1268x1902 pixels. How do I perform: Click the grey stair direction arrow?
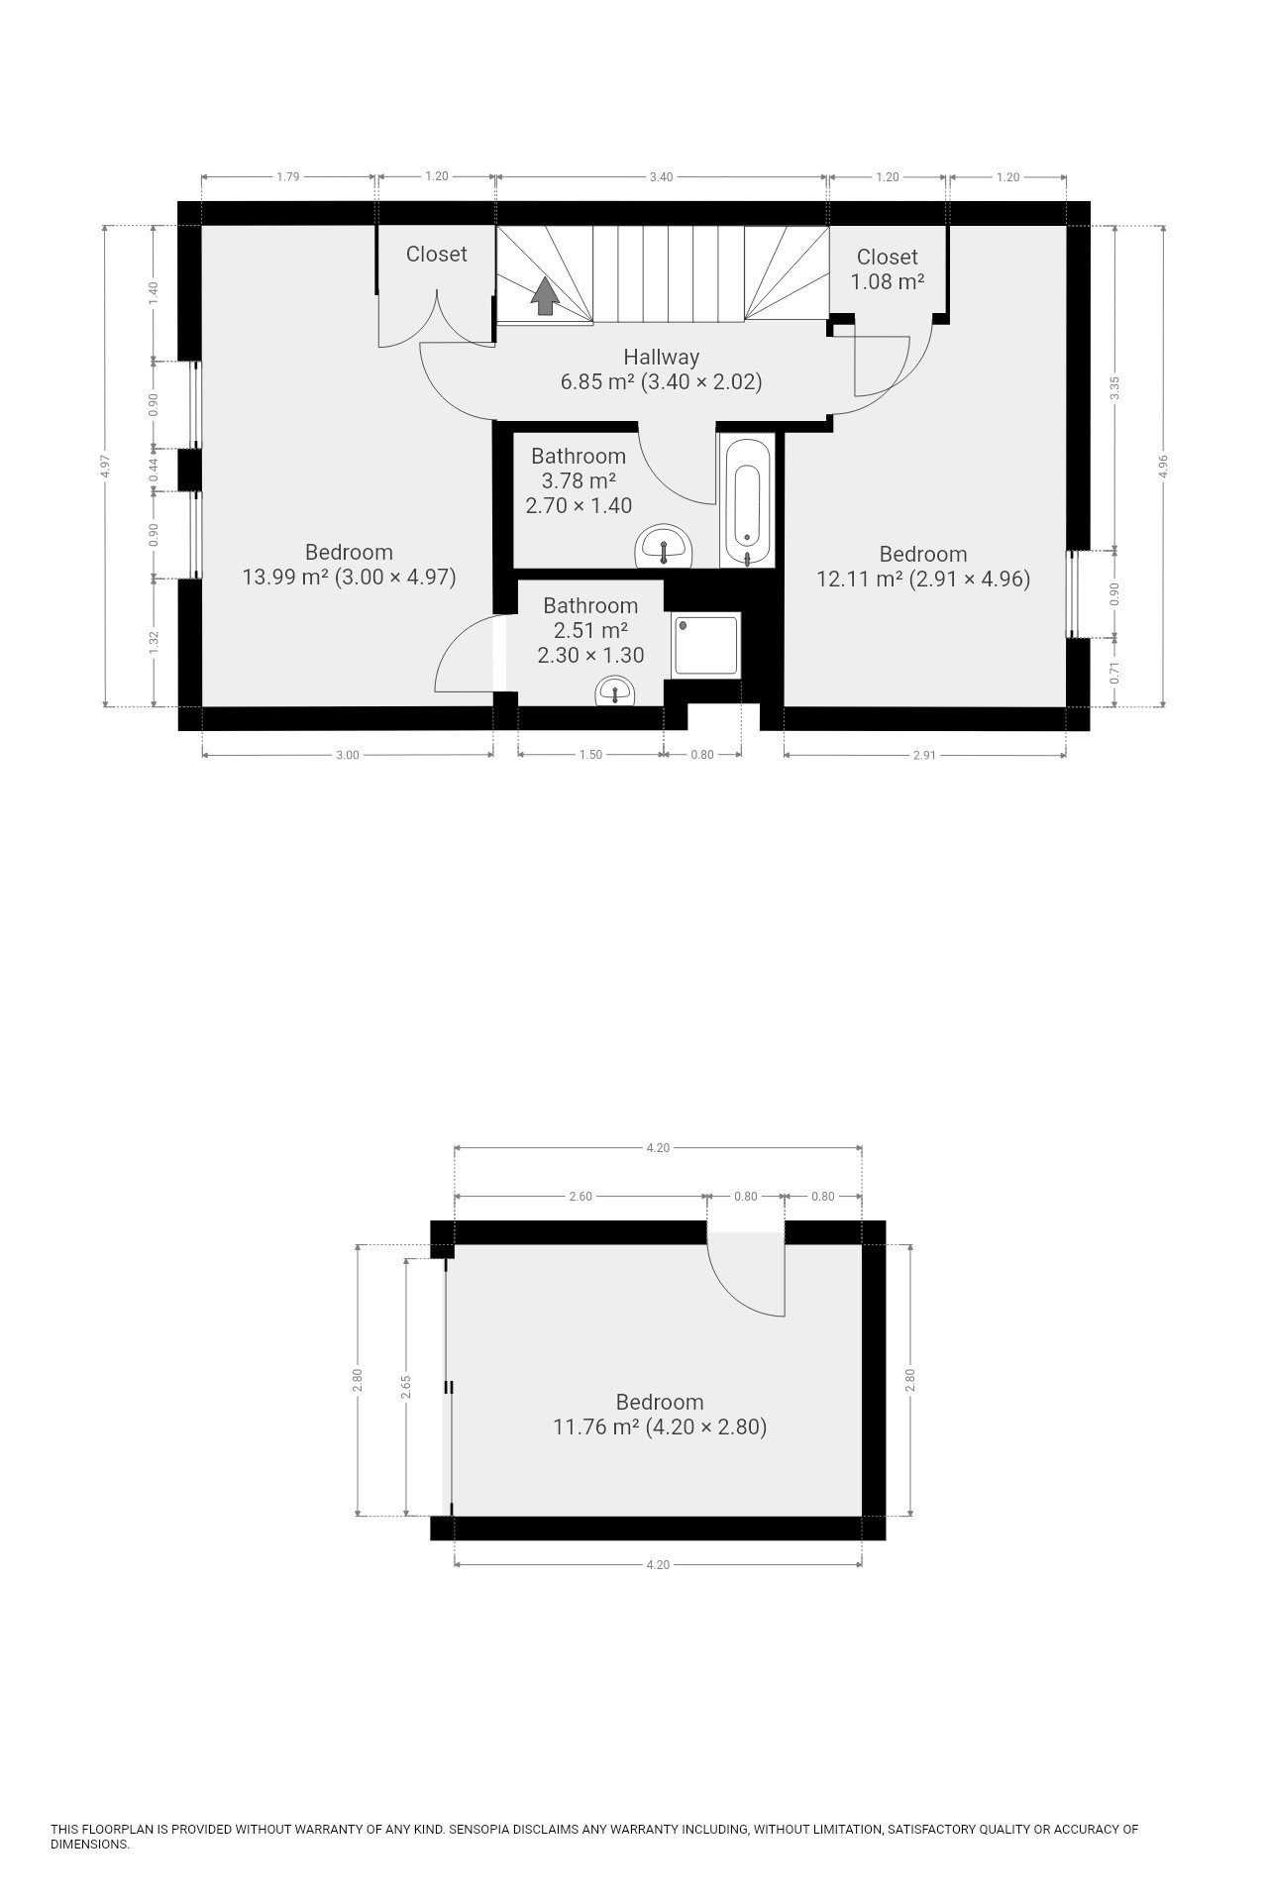(x=545, y=295)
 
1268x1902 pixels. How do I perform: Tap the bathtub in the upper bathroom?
(x=748, y=502)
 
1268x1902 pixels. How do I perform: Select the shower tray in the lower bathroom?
(x=707, y=645)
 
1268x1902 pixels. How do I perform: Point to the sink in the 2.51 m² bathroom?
(x=616, y=691)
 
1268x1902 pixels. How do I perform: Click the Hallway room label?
(x=661, y=357)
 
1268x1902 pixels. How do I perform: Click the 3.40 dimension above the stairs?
(x=661, y=177)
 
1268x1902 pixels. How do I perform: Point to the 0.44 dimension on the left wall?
(x=154, y=470)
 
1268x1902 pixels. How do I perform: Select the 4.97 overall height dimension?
(x=105, y=467)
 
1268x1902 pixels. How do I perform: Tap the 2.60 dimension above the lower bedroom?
(x=581, y=1197)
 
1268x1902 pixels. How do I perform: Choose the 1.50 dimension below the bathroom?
(x=590, y=755)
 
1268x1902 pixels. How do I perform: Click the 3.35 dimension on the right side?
(x=1115, y=388)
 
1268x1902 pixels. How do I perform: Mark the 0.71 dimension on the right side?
(x=1115, y=675)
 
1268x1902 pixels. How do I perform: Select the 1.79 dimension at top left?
(x=287, y=177)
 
